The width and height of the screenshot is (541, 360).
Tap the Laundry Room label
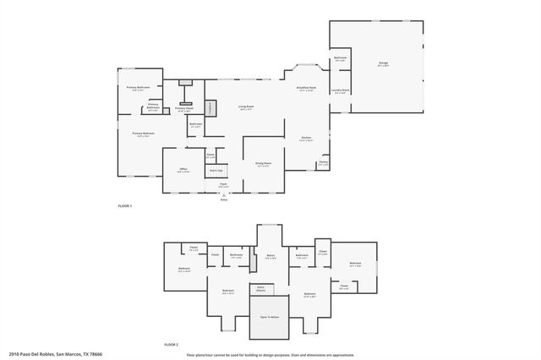[340, 90]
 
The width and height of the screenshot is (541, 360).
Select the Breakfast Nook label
[306, 89]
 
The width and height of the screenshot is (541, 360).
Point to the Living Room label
[246, 107]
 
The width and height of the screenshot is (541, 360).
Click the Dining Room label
[263, 164]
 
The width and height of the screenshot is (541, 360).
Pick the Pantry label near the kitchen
[323, 164]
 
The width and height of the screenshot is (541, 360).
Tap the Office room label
[183, 171]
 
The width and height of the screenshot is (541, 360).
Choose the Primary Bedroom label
[143, 134]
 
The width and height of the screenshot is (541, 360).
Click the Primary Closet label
[184, 109]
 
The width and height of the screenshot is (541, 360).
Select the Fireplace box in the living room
[210, 107]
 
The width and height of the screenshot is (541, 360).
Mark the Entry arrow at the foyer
[224, 197]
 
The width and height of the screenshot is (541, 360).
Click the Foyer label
[224, 185]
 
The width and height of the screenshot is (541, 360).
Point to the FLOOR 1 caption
[125, 205]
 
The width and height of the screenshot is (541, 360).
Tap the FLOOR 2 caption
[172, 345]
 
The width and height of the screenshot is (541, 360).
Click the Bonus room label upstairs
[270, 257]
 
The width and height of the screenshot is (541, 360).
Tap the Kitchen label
[307, 139]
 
